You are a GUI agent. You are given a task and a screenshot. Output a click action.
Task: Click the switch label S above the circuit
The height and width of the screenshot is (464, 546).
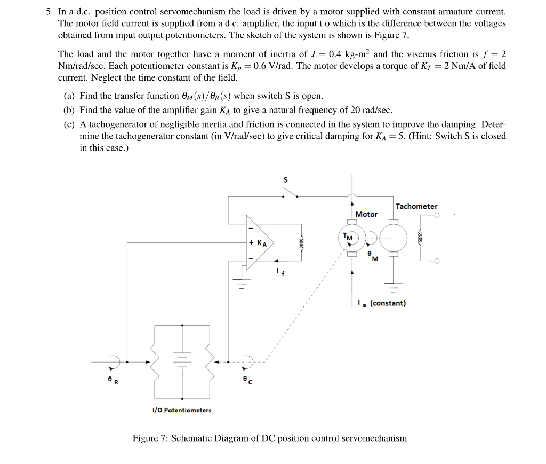click(285, 180)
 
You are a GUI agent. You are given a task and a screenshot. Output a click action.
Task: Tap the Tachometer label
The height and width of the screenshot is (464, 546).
click(416, 206)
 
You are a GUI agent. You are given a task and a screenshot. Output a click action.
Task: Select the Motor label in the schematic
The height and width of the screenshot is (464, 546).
click(366, 214)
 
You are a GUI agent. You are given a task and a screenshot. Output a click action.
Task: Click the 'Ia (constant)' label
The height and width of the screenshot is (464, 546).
click(382, 303)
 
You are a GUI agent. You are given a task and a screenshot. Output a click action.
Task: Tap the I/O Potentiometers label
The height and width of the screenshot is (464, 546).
click(182, 410)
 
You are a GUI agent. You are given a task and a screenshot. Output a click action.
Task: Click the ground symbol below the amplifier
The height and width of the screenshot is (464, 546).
click(240, 284)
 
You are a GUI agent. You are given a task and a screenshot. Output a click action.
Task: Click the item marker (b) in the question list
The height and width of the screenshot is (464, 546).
click(69, 111)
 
